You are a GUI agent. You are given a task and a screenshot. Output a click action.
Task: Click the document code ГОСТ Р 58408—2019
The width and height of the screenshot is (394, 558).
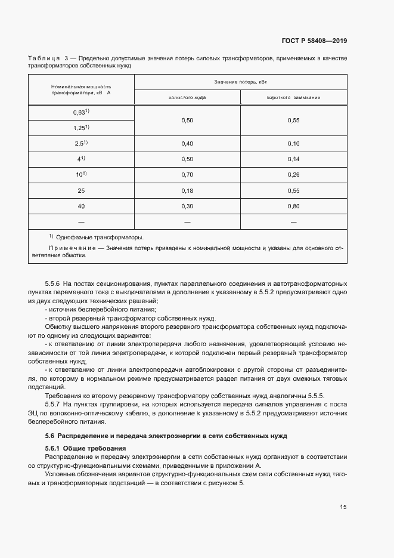click(314, 41)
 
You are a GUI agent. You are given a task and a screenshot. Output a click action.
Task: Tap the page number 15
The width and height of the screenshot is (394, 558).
click(343, 507)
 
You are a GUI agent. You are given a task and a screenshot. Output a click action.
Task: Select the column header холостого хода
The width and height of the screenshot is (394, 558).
click(188, 97)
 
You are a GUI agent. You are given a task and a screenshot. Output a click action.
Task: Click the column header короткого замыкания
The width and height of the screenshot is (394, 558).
click(293, 97)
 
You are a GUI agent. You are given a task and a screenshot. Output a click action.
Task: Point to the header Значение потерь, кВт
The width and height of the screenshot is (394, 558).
click(240, 81)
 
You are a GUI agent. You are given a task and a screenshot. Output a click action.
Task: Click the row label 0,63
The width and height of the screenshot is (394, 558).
click(80, 112)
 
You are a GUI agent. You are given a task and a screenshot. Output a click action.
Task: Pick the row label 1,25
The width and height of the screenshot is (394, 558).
click(80, 128)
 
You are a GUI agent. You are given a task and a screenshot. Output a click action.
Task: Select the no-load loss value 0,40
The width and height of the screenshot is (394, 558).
click(187, 144)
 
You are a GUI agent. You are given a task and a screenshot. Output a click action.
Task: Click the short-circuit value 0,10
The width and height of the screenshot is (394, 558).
click(293, 144)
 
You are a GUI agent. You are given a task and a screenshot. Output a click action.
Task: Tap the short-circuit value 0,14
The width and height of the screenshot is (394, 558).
click(293, 159)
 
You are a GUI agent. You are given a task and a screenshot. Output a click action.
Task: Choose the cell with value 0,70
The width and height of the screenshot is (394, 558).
click(187, 175)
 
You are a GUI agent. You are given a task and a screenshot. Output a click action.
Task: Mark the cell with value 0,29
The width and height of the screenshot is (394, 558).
click(293, 175)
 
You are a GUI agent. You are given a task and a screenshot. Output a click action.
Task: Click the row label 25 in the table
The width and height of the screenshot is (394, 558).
click(81, 190)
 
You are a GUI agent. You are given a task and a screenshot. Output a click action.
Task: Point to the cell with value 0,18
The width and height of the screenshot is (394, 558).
click(187, 190)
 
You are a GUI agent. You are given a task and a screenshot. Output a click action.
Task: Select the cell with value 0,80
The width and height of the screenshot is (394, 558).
click(293, 206)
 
